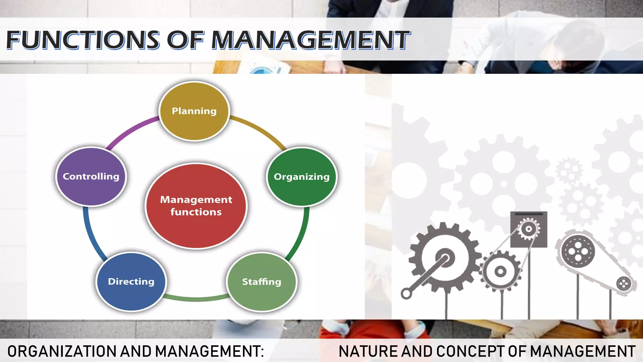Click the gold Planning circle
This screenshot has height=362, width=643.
pos(194,111)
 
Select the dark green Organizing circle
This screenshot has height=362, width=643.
pos(302,177)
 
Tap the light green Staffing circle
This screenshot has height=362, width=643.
pos(262,282)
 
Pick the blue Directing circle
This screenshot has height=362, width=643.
pos(131,282)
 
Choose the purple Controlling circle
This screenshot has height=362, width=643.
pos(91,176)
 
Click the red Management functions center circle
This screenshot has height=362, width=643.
pos(196,206)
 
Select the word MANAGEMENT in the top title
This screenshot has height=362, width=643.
pos(311,40)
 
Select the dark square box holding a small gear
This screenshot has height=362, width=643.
pos(529,229)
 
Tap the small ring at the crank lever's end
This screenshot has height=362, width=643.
pos(407,294)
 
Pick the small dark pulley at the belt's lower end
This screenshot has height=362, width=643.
pos(624,283)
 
